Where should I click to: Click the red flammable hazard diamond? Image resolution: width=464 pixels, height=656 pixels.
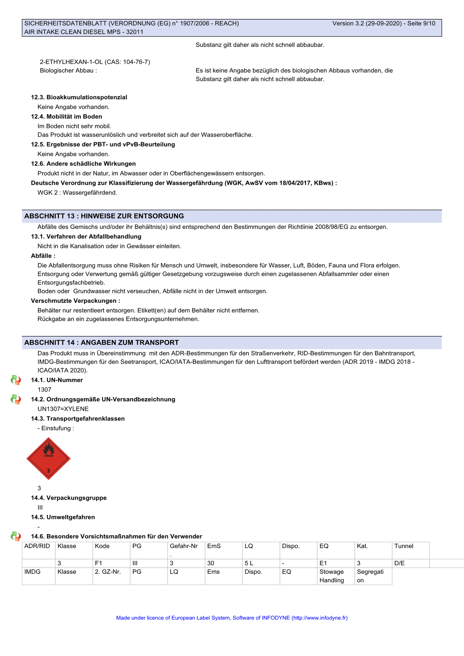(48, 459)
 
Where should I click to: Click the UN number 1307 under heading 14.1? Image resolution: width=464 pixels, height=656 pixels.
(44, 390)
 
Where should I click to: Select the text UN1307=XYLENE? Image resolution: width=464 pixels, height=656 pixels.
(63, 409)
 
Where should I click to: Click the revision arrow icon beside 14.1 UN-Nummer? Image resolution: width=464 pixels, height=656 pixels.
(16, 380)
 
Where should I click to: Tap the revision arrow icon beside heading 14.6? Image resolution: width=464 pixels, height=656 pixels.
(16, 536)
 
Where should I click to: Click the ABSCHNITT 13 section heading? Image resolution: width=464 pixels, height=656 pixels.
(104, 216)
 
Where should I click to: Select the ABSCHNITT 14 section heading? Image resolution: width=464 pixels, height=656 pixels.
(101, 343)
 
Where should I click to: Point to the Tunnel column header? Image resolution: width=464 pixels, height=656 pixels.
(404, 546)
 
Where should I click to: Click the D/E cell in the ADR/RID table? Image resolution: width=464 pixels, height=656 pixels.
(399, 563)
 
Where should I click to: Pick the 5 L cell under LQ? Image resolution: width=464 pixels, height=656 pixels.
(249, 563)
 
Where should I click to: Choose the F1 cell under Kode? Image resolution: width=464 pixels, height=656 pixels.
(99, 563)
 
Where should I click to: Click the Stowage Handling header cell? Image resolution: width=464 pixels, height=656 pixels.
(331, 576)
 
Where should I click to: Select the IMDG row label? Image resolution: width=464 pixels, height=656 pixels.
(32, 572)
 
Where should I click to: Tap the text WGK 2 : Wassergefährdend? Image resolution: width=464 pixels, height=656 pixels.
(77, 193)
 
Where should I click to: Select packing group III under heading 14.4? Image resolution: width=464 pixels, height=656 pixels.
(40, 508)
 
